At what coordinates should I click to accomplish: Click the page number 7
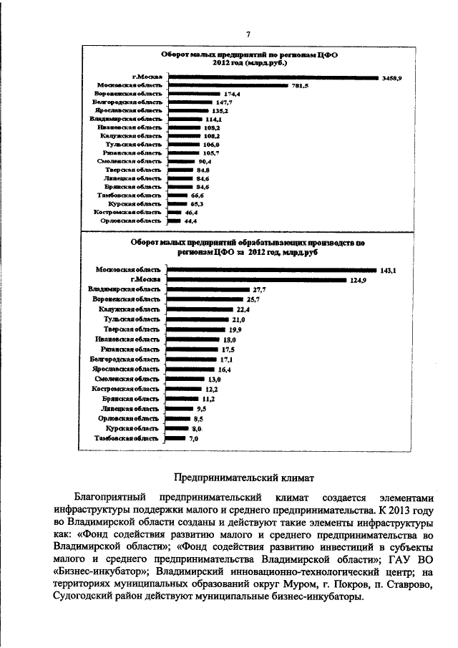coord(248,34)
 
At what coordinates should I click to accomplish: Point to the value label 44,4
coord(190,221)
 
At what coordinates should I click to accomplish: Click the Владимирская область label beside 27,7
coord(119,289)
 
